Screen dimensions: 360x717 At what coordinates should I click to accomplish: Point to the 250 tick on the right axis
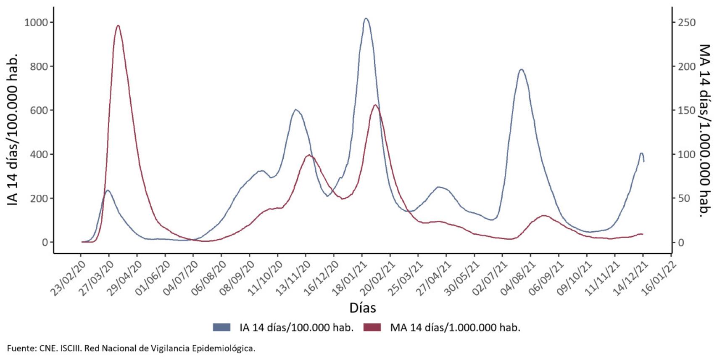687,22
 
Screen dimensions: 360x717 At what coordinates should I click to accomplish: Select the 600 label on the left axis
39,110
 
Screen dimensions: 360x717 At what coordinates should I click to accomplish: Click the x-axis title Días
362,308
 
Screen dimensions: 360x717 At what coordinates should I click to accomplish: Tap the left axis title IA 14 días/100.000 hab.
13,129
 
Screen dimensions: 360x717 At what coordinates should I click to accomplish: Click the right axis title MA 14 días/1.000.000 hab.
704,130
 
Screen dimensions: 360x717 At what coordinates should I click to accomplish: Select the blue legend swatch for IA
221,327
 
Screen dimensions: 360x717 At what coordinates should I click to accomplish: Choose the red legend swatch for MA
372,327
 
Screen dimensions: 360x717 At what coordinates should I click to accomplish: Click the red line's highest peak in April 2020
118,26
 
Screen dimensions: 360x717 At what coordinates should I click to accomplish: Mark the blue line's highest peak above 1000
366,19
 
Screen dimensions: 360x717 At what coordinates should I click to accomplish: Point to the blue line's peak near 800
521,69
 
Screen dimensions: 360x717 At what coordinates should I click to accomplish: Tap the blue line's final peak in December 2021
641,153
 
